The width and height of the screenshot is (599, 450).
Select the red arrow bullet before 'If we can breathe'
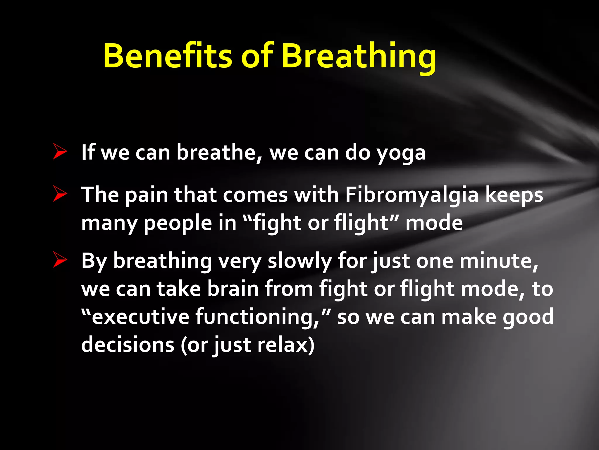tap(60, 151)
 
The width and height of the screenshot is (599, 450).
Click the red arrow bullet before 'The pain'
tap(60, 194)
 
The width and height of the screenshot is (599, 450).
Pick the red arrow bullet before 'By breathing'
tap(60, 260)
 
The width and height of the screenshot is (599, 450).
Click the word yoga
tap(401, 154)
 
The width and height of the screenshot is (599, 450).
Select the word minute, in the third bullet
tap(498, 261)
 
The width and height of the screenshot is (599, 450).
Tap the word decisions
tap(128, 345)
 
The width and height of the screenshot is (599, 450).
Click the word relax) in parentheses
tap(285, 345)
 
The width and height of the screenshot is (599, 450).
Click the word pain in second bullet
tap(146, 195)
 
